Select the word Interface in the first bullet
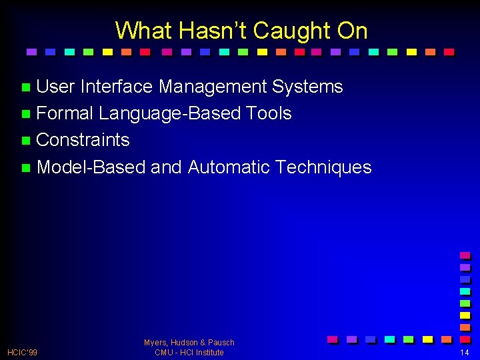[x=117, y=87]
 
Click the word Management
[x=213, y=87]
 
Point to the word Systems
[x=307, y=87]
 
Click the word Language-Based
[x=169, y=113]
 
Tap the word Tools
[x=269, y=113]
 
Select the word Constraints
[x=83, y=140]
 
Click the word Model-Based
[x=91, y=167]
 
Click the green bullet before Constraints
[x=25, y=141]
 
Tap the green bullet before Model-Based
[x=25, y=167]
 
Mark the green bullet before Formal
[x=25, y=114]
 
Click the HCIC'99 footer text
[x=22, y=352]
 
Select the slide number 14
[x=464, y=352]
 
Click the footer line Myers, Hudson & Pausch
[x=189, y=343]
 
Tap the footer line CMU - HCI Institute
[x=189, y=353]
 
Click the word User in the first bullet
[x=55, y=87]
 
